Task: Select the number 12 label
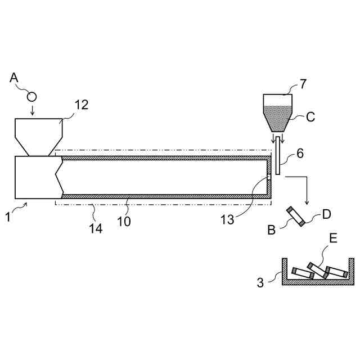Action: (82, 105)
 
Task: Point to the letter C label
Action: (310, 118)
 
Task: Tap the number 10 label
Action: (124, 221)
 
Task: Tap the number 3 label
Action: (260, 282)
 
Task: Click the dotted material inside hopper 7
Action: (278, 117)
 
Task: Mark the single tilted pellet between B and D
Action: (296, 217)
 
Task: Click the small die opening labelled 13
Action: (268, 178)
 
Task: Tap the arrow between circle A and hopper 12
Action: (32, 110)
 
